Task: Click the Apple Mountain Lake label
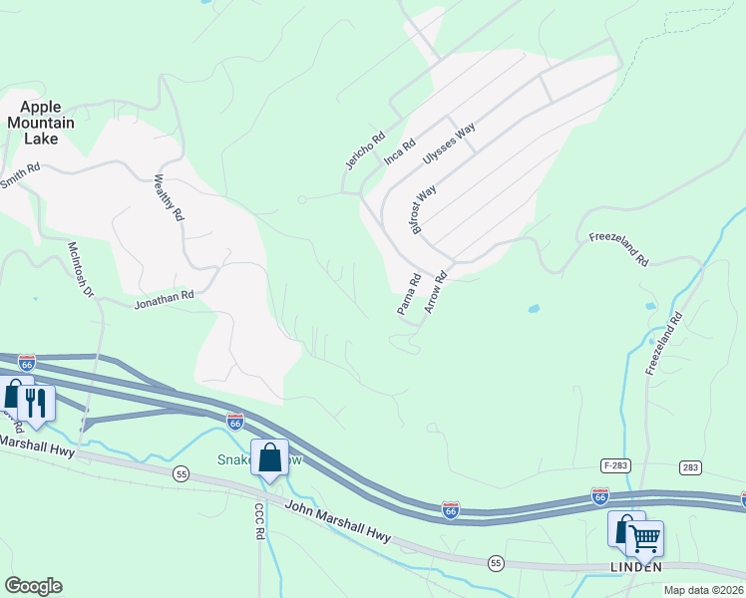click(x=41, y=123)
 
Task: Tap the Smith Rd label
click(x=19, y=176)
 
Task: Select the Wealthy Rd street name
click(x=169, y=198)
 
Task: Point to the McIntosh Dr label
click(x=80, y=269)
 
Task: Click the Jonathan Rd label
click(x=164, y=296)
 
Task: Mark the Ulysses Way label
click(x=449, y=145)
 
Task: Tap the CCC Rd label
click(x=258, y=521)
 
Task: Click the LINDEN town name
click(x=635, y=566)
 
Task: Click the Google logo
click(x=33, y=586)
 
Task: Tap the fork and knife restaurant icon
click(x=36, y=402)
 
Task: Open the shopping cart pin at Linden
click(x=643, y=538)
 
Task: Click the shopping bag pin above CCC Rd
click(x=269, y=457)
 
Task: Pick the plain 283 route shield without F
click(x=691, y=466)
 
